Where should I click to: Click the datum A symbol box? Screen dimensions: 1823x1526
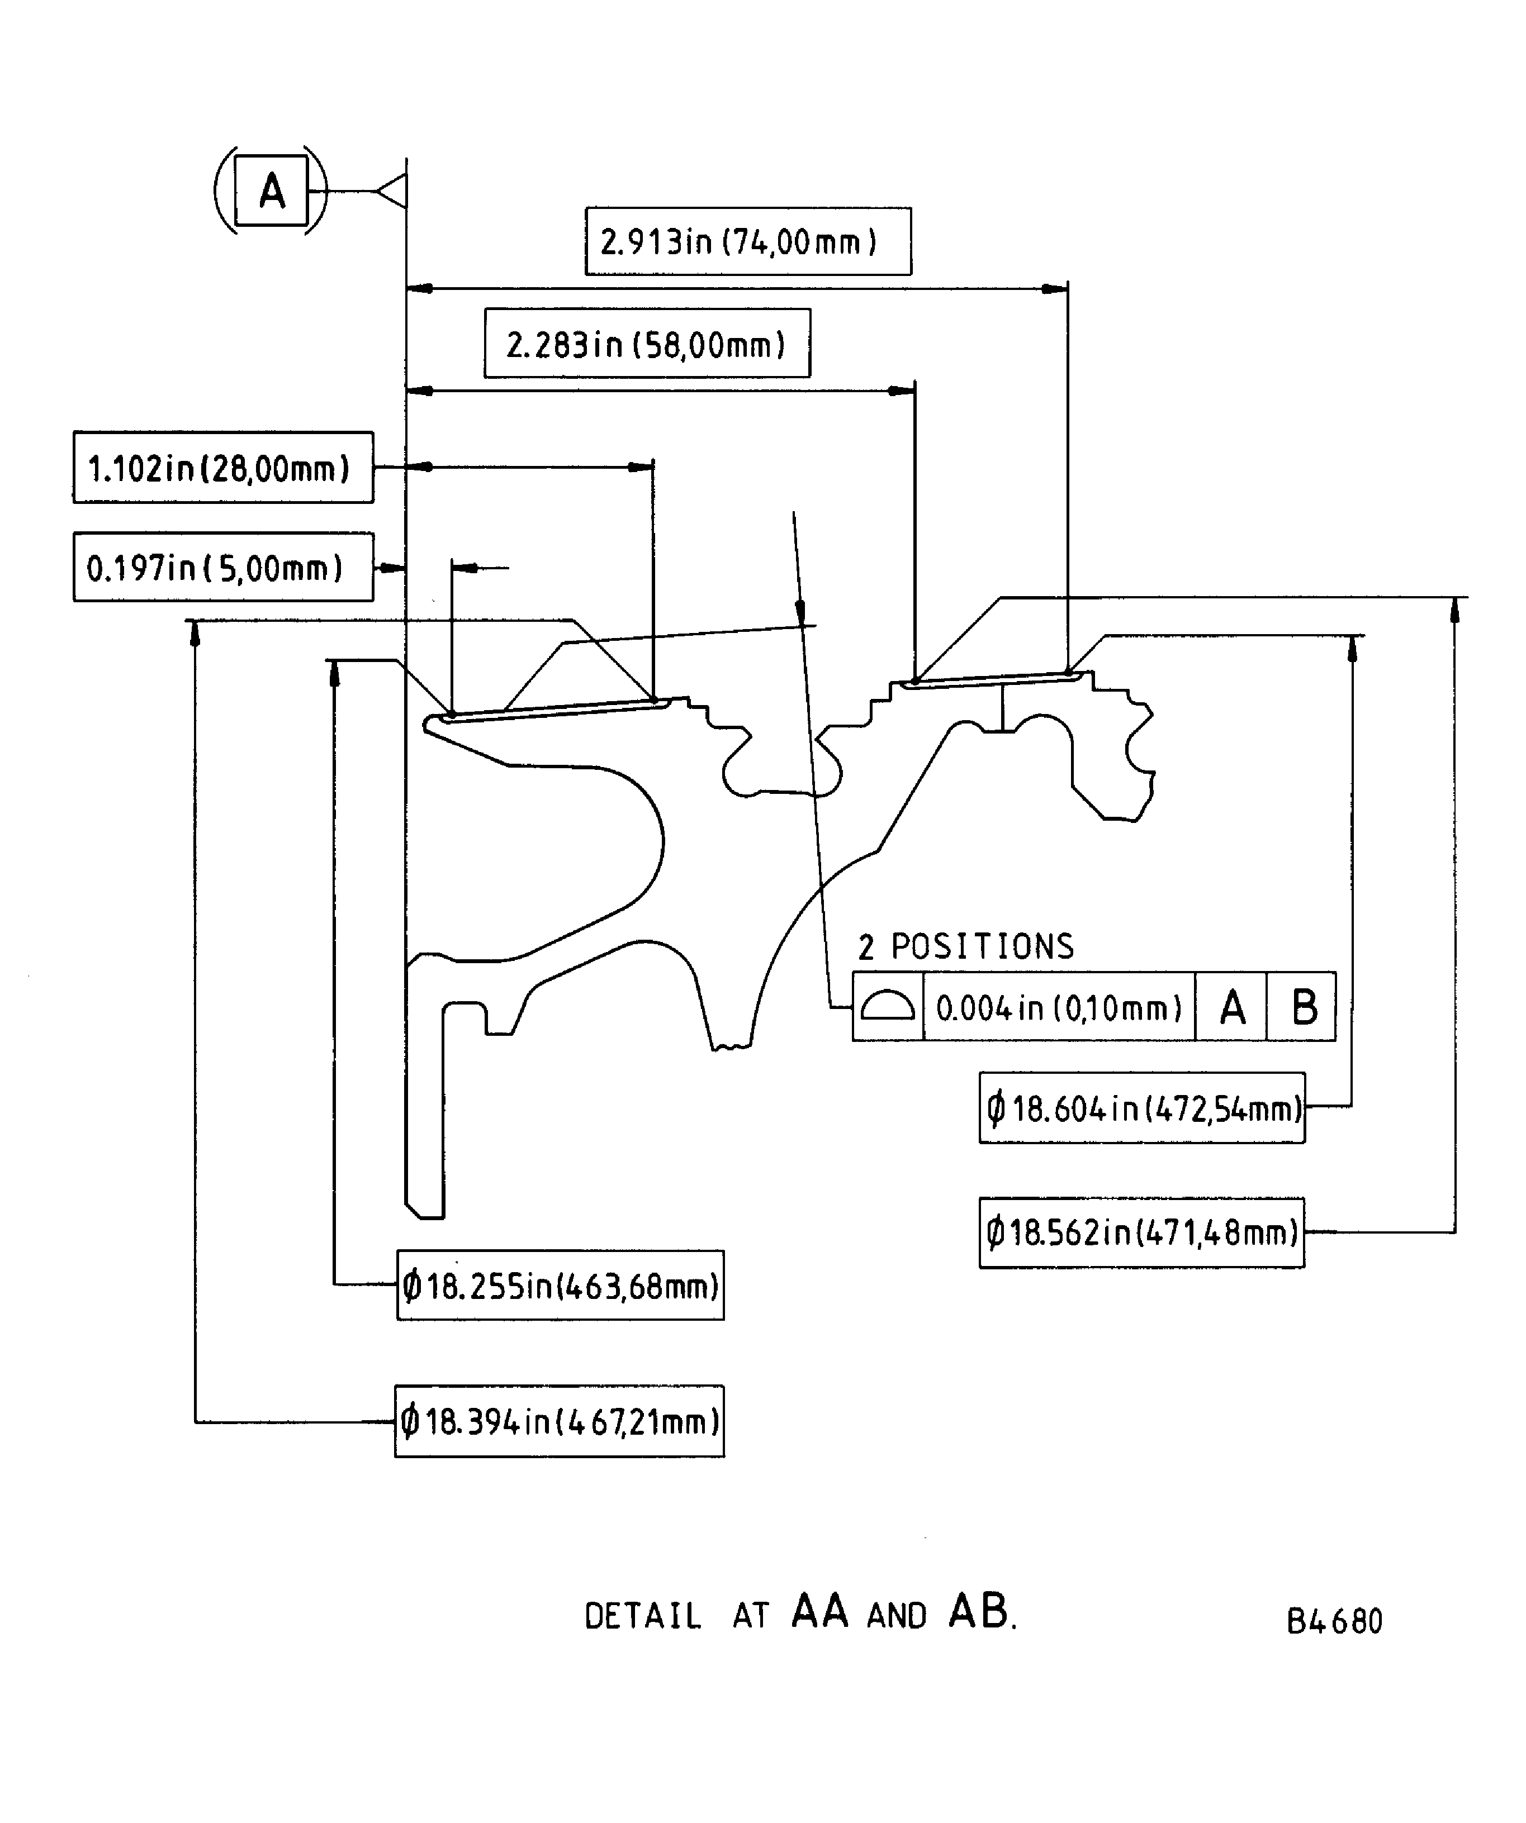pyautogui.click(x=271, y=190)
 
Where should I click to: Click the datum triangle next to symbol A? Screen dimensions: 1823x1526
pyautogui.click(x=392, y=191)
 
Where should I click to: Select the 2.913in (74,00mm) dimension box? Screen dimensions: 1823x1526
pyautogui.click(x=748, y=241)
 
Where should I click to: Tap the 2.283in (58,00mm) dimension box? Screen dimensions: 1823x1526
pyautogui.click(x=647, y=344)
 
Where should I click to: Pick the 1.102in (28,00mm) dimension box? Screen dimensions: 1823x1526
pyautogui.click(x=223, y=468)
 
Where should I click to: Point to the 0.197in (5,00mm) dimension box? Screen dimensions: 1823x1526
pyautogui.click(x=223, y=568)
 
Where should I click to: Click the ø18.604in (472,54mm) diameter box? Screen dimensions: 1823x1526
pyautogui.click(x=1141, y=1108)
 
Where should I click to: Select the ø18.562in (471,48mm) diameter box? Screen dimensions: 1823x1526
pyautogui.click(x=1141, y=1232)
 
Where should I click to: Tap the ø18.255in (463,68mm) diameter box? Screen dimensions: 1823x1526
pyautogui.click(x=560, y=1286)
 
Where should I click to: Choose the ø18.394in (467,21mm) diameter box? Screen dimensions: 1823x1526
pyautogui.click(x=560, y=1421)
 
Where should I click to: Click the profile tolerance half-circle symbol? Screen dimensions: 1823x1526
pyautogui.click(x=887, y=1007)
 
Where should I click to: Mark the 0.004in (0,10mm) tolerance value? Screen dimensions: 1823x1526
pyautogui.click(x=1059, y=1007)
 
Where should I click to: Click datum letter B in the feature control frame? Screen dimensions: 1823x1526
pyautogui.click(x=1303, y=1007)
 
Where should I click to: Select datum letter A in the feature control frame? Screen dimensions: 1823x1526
pyautogui.click(x=1231, y=1007)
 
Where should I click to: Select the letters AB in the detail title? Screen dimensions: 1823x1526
pyautogui.click(x=978, y=1611)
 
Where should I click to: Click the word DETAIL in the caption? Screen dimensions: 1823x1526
pyautogui.click(x=643, y=1616)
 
